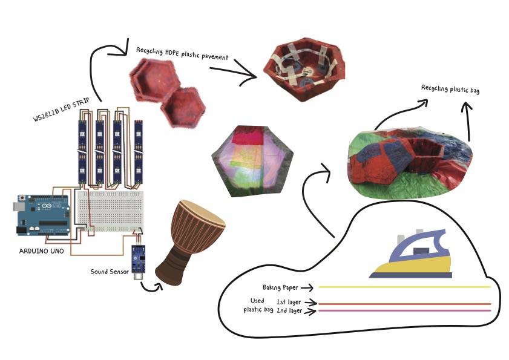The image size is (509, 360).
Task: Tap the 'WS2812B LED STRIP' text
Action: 60,111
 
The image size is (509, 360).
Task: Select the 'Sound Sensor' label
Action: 110,272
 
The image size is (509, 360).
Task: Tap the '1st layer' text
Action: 289,301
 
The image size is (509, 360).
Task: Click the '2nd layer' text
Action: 289,311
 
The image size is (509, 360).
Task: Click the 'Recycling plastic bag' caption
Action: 450,89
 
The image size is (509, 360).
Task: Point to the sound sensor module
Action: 139,255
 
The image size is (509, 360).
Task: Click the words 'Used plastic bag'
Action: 257,306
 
